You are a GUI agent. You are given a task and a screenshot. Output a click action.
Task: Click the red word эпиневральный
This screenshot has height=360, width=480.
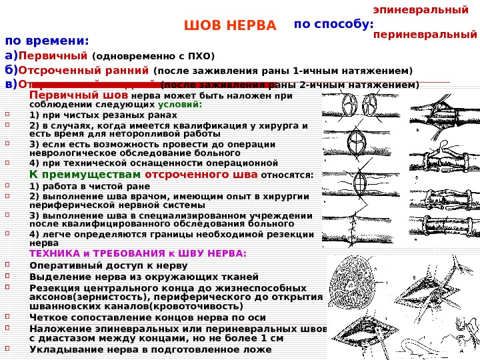click(421, 10)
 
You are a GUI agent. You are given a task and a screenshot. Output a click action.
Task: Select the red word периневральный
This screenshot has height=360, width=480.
click(425, 33)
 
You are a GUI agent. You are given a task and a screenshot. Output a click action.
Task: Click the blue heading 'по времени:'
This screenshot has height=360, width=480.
click(47, 40)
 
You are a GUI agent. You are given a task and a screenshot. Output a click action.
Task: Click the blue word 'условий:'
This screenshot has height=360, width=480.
click(180, 105)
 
